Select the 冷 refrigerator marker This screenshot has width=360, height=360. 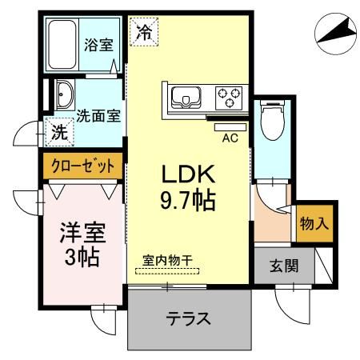click(144, 33)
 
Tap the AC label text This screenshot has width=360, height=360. click(230, 138)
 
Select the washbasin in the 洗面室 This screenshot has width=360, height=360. click(64, 95)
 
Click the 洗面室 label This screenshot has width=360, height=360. click(98, 114)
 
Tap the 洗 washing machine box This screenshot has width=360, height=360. click(59, 133)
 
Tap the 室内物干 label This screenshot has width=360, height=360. click(169, 259)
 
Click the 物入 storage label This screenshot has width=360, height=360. click(313, 223)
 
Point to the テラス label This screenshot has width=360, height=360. click(189, 318)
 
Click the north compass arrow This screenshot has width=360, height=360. click(335, 32)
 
